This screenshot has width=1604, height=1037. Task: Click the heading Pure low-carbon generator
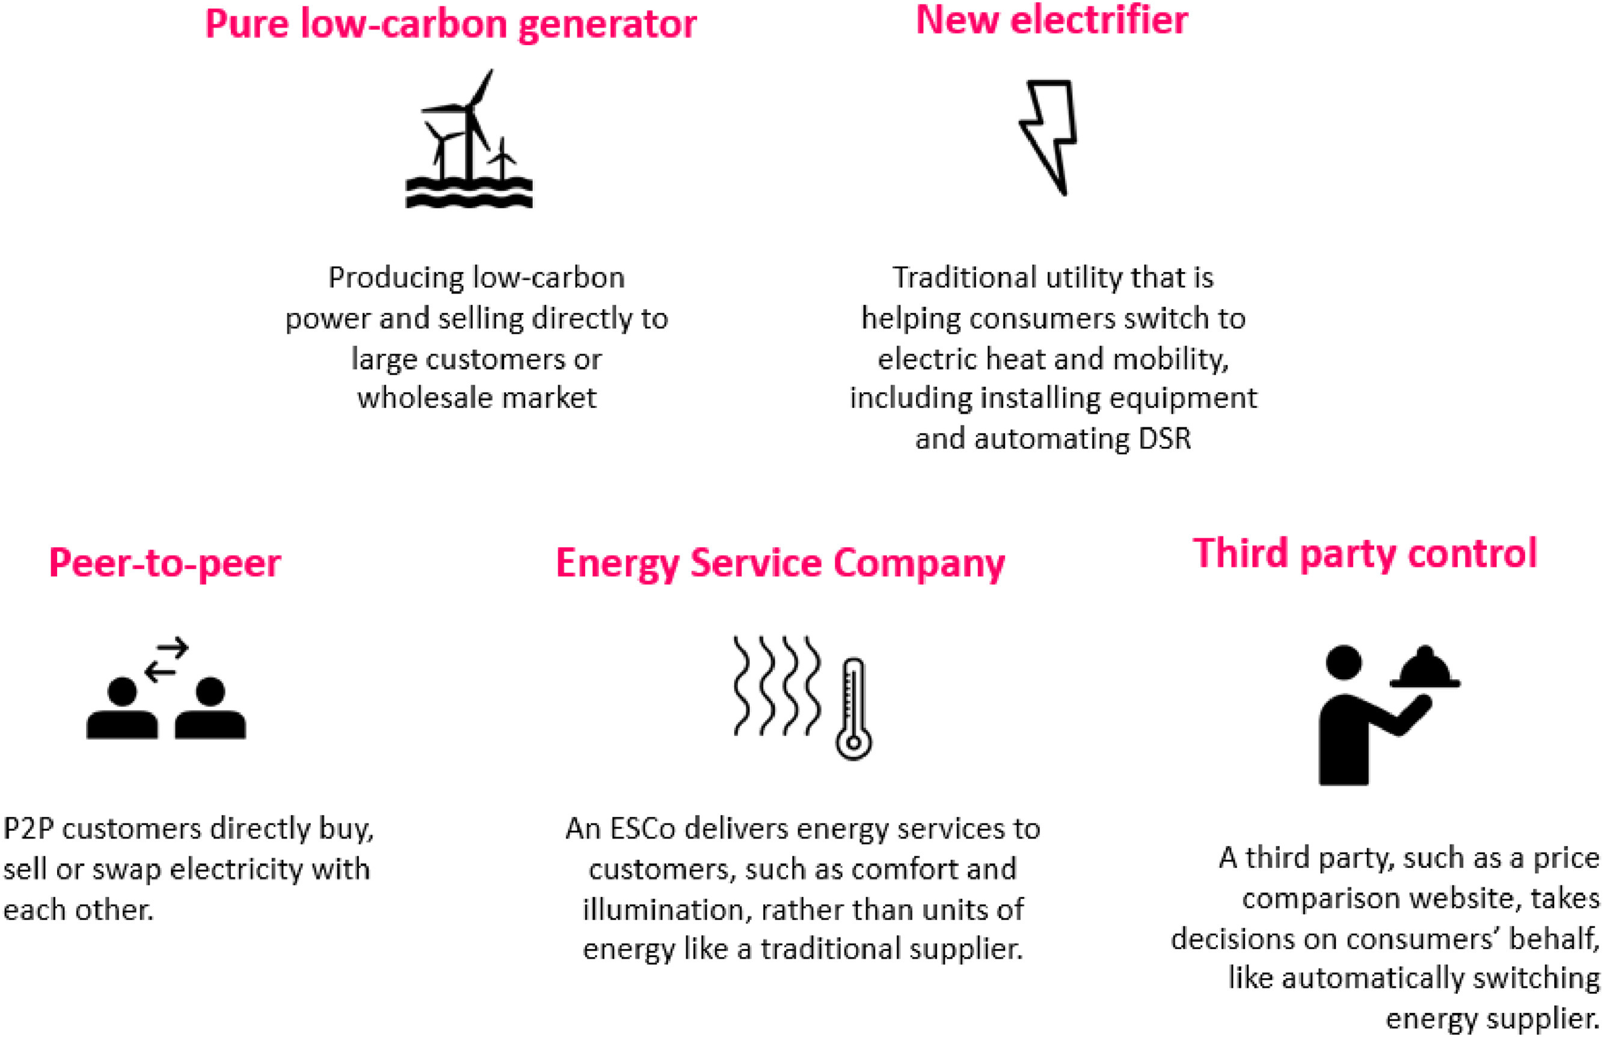[x=450, y=25]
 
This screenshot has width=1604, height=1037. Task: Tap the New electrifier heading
[x=1051, y=20]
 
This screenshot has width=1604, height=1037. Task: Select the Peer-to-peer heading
[x=165, y=563]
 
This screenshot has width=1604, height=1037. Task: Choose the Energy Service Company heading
[x=780, y=563]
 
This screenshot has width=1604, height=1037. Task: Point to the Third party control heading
[x=1365, y=553]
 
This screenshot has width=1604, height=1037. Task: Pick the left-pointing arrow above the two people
[x=162, y=671]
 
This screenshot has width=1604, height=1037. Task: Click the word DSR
[x=1164, y=439]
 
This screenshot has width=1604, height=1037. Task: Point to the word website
[x=1456, y=898]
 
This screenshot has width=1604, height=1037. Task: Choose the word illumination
[x=662, y=909]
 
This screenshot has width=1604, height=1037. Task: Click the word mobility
[x=1170, y=359]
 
